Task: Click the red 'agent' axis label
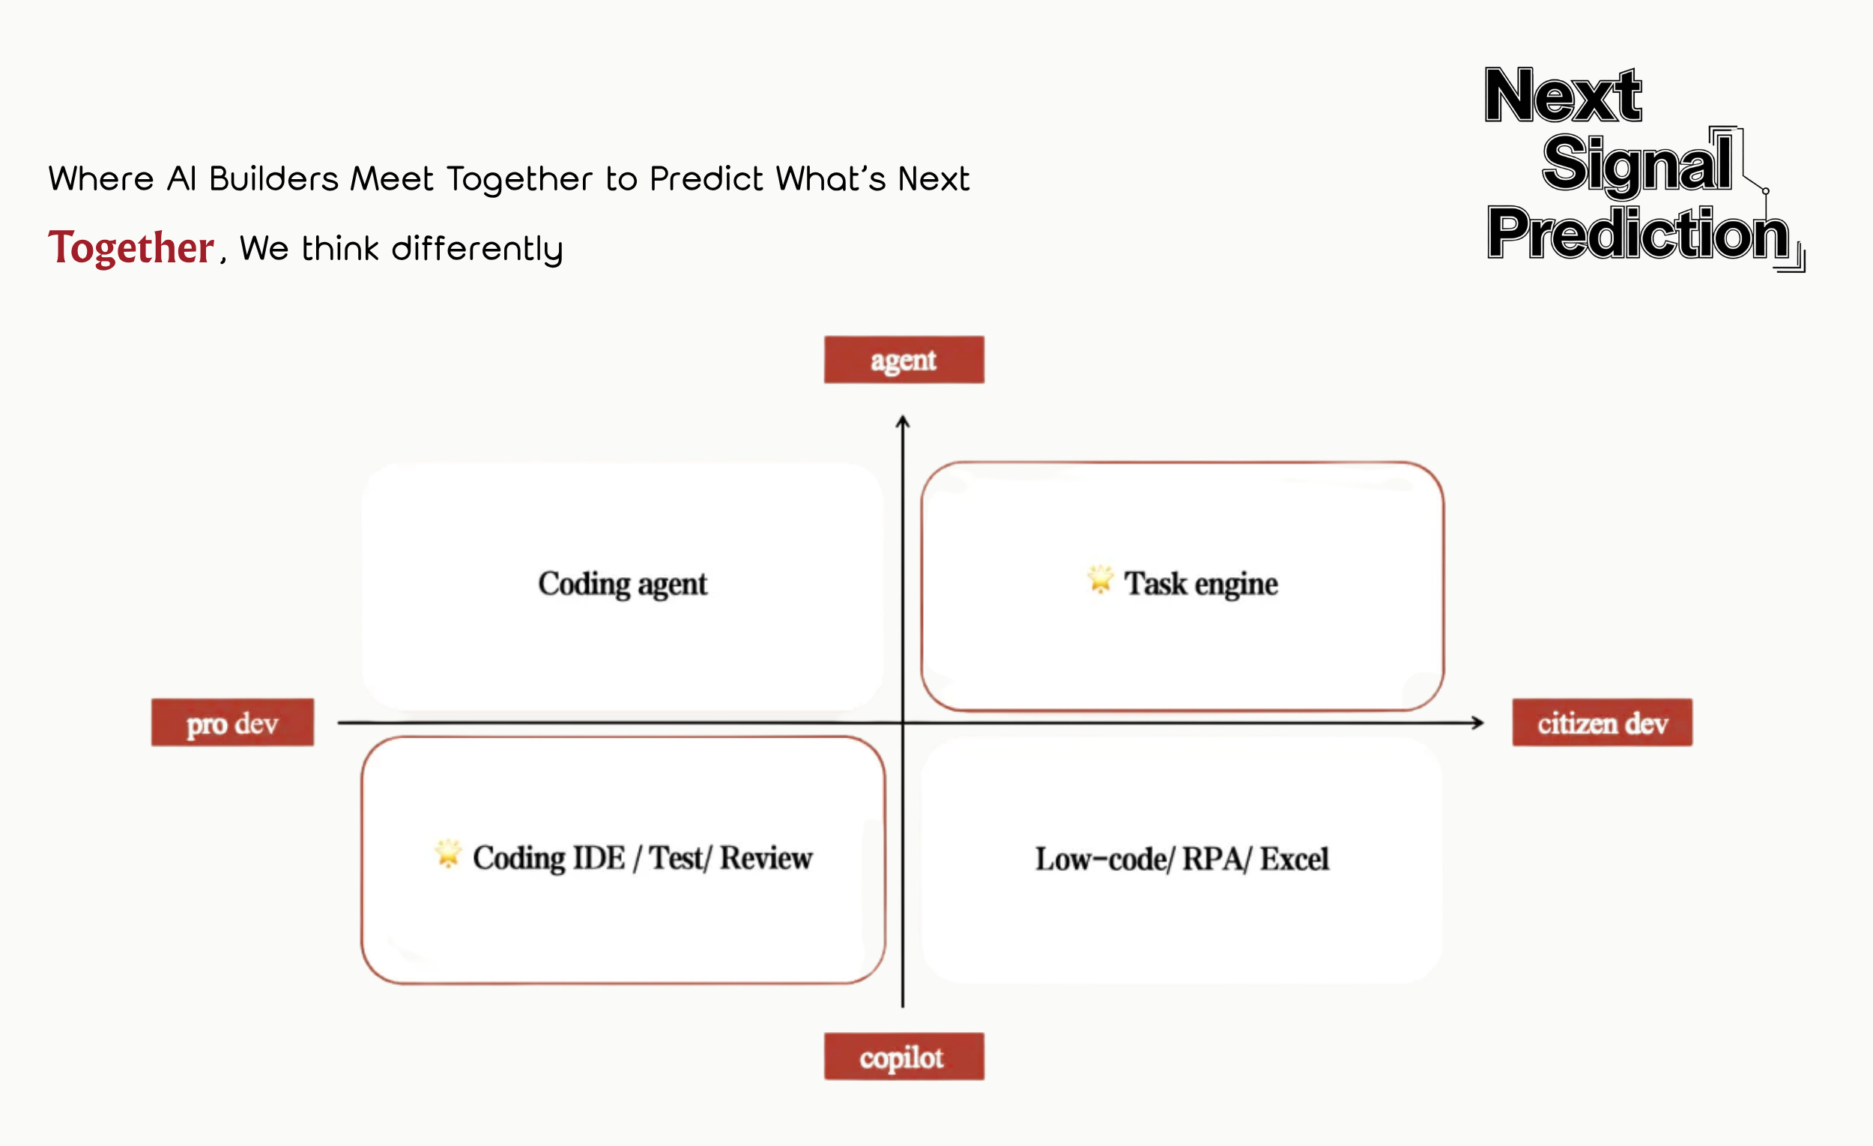904,360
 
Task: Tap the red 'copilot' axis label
904,1056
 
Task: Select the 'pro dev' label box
232,723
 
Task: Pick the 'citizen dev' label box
1602,723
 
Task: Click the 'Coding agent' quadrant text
623,584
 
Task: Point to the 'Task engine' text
1201,584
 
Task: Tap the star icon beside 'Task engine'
1100,579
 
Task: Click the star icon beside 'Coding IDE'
448,853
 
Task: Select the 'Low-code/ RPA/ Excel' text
1182,859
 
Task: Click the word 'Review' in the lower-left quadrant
766,857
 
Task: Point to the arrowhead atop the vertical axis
902,421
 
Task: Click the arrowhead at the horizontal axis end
1477,723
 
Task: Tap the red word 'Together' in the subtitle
131,248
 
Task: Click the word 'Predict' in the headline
707,179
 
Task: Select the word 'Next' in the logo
1563,96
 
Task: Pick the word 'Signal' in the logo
1636,163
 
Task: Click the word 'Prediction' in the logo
1638,233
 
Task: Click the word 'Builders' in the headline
273,179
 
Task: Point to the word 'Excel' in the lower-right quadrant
1295,859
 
